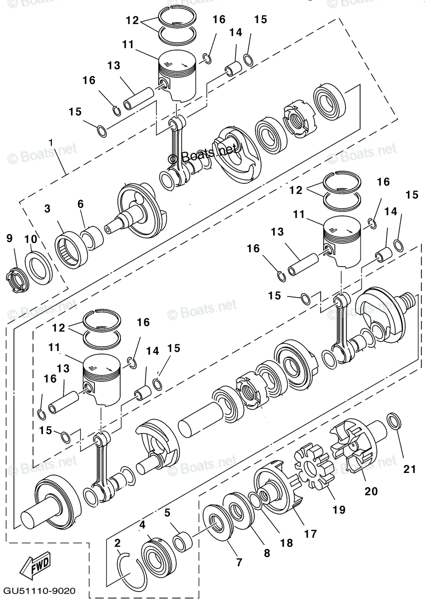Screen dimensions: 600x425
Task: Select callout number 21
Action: [410, 469]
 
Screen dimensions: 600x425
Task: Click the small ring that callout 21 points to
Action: [393, 420]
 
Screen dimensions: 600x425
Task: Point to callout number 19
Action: [339, 510]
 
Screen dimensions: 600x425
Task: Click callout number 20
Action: [371, 491]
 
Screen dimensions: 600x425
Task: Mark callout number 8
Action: [267, 553]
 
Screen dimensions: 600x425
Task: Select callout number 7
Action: [239, 562]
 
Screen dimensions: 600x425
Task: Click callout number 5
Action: [167, 512]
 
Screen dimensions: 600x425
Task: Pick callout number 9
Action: [9, 239]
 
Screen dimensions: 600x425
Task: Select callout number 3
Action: [47, 209]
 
